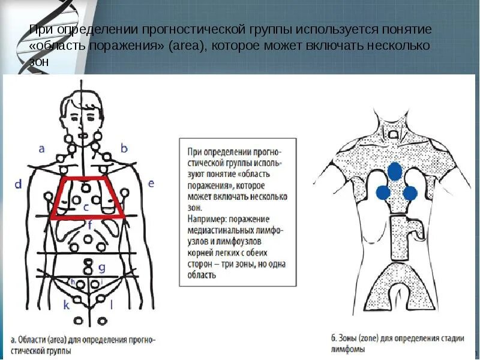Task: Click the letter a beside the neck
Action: (41, 148)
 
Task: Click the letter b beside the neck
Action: (124, 148)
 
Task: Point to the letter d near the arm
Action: (18, 184)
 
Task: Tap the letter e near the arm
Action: (151, 183)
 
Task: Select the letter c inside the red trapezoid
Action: (86, 207)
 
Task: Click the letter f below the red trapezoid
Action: (89, 226)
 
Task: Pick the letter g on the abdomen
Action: (102, 267)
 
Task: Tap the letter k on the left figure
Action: (66, 305)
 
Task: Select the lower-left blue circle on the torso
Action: (382, 193)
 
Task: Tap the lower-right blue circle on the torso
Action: (410, 193)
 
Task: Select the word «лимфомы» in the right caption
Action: (347, 348)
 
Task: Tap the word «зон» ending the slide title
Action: (37, 61)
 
